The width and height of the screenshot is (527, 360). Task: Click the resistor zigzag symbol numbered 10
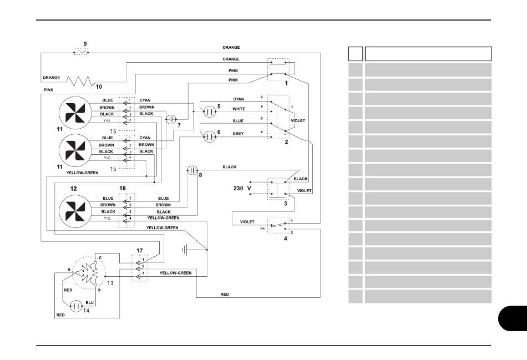[80, 82]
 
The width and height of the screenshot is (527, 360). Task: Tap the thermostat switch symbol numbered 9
[80, 52]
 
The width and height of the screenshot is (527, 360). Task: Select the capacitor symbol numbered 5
[210, 111]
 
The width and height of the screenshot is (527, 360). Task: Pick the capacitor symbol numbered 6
[210, 136]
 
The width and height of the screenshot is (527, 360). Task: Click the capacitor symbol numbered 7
[171, 119]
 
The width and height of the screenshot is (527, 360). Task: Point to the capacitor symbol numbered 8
[192, 170]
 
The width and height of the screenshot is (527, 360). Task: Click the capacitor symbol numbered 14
[77, 306]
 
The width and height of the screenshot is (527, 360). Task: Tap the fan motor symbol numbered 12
[75, 211]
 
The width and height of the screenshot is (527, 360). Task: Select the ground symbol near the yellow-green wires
[185, 250]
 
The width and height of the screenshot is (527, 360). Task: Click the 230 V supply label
[242, 188]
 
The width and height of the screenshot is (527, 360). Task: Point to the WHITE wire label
[239, 109]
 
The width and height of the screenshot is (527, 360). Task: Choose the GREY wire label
[239, 134]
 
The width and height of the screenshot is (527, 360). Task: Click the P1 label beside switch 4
[262, 229]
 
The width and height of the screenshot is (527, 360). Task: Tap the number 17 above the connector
[139, 250]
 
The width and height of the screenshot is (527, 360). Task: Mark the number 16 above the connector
[123, 188]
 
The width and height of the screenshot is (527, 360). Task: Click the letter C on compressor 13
[100, 258]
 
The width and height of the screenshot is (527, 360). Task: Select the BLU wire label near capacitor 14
[90, 302]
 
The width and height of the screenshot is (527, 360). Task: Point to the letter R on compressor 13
[69, 270]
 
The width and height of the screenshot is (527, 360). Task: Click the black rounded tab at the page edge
[513, 318]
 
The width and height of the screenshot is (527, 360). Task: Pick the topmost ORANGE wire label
[231, 47]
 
